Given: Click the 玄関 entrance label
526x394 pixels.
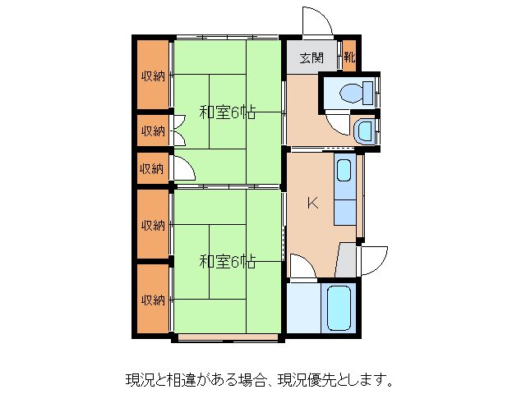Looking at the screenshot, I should (x=311, y=58).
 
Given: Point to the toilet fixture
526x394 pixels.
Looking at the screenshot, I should (x=353, y=92).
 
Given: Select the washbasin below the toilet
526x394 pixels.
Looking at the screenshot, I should (x=365, y=130).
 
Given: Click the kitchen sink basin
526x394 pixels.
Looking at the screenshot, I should (x=344, y=172).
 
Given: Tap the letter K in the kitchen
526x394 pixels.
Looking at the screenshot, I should (x=312, y=204).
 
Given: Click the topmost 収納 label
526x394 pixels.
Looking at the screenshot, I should (x=152, y=76).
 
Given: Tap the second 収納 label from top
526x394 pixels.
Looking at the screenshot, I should (x=152, y=131).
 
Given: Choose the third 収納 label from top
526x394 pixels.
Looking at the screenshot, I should (x=151, y=168).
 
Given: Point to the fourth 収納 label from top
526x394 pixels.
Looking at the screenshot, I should (x=152, y=225).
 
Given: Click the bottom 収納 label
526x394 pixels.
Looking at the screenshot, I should (x=152, y=299).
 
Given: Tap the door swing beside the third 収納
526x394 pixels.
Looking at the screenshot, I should (x=183, y=167).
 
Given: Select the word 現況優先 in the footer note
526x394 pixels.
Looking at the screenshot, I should (x=301, y=380).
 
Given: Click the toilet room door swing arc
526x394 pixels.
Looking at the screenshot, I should (x=337, y=122).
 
